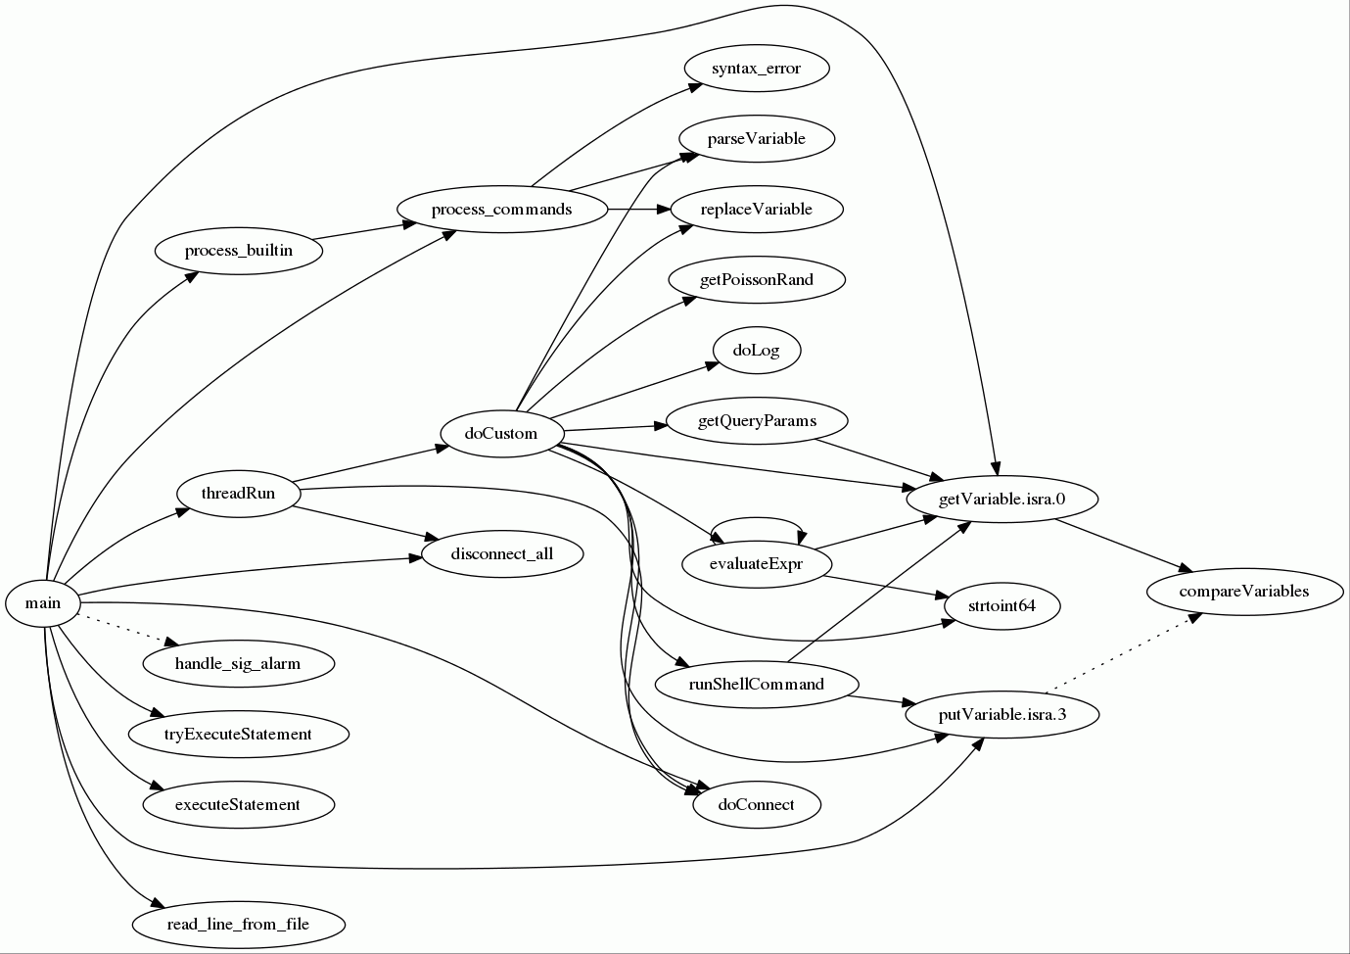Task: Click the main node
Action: click(x=43, y=603)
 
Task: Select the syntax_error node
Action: click(x=756, y=69)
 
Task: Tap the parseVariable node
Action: click(x=756, y=139)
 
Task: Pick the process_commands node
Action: click(x=501, y=210)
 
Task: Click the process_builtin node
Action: click(x=238, y=251)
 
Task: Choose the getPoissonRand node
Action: click(x=756, y=280)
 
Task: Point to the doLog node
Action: click(x=756, y=351)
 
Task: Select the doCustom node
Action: click(x=501, y=433)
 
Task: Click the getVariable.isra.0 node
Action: click(x=1001, y=500)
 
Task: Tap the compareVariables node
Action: click(x=1243, y=592)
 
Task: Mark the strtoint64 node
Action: click(x=1001, y=605)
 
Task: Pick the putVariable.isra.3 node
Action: click(x=1001, y=715)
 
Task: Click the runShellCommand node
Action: click(x=756, y=684)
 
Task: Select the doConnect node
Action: click(x=756, y=805)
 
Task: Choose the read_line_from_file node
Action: click(x=238, y=925)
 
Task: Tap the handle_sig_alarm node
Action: click(x=238, y=664)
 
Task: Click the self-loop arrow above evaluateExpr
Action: click(x=757, y=519)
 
